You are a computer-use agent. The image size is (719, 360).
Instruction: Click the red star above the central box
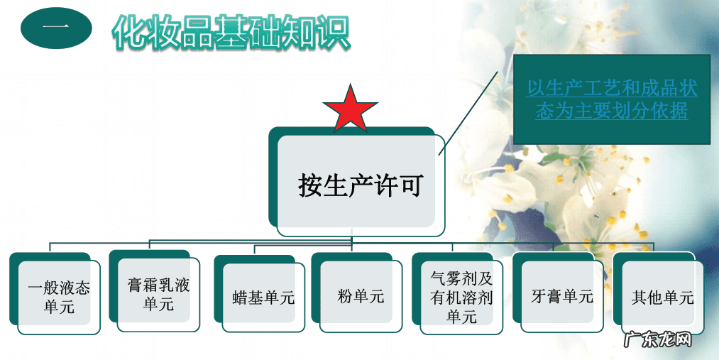click(349, 110)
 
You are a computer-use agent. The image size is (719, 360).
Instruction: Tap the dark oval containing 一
click(56, 28)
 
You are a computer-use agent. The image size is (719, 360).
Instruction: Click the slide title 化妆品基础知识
click(231, 33)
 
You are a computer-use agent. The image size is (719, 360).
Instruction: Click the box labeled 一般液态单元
click(59, 298)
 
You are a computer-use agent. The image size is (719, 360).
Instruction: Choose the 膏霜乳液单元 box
click(159, 295)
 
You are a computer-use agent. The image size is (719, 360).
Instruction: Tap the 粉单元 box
click(361, 296)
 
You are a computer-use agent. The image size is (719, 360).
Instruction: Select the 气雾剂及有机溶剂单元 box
click(461, 298)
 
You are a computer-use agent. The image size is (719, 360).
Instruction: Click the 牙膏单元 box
click(561, 296)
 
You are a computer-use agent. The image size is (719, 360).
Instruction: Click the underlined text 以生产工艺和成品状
click(612, 89)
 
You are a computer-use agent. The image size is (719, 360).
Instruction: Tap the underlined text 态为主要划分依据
click(612, 111)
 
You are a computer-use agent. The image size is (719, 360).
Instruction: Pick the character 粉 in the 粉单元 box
click(346, 296)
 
